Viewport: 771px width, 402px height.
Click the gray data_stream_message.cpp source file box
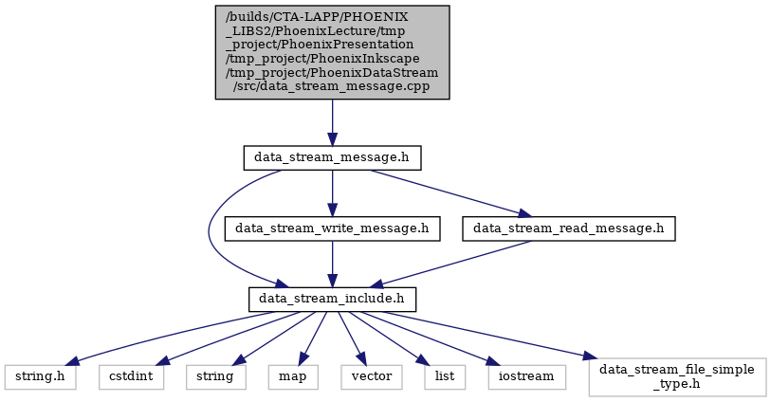click(x=333, y=52)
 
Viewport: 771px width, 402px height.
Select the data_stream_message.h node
click(x=333, y=157)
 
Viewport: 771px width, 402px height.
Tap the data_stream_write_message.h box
click(x=333, y=228)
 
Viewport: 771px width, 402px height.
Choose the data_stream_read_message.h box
click(x=568, y=228)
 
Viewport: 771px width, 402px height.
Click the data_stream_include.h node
click(x=333, y=300)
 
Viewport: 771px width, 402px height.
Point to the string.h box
click(x=41, y=377)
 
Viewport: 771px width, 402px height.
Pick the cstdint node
click(x=131, y=377)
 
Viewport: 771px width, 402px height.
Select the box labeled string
click(x=216, y=377)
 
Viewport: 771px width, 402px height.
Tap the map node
click(x=293, y=377)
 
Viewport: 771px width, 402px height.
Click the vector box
click(x=372, y=377)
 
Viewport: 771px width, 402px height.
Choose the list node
click(x=445, y=377)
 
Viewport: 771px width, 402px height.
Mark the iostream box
click(x=527, y=377)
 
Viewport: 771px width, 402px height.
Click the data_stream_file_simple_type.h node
click(x=677, y=377)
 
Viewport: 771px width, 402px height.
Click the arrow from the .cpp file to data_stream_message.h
click(x=333, y=122)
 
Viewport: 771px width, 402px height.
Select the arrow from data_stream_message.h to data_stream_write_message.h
click(x=333, y=193)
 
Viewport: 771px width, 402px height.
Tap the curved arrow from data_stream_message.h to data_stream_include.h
click(x=210, y=231)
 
